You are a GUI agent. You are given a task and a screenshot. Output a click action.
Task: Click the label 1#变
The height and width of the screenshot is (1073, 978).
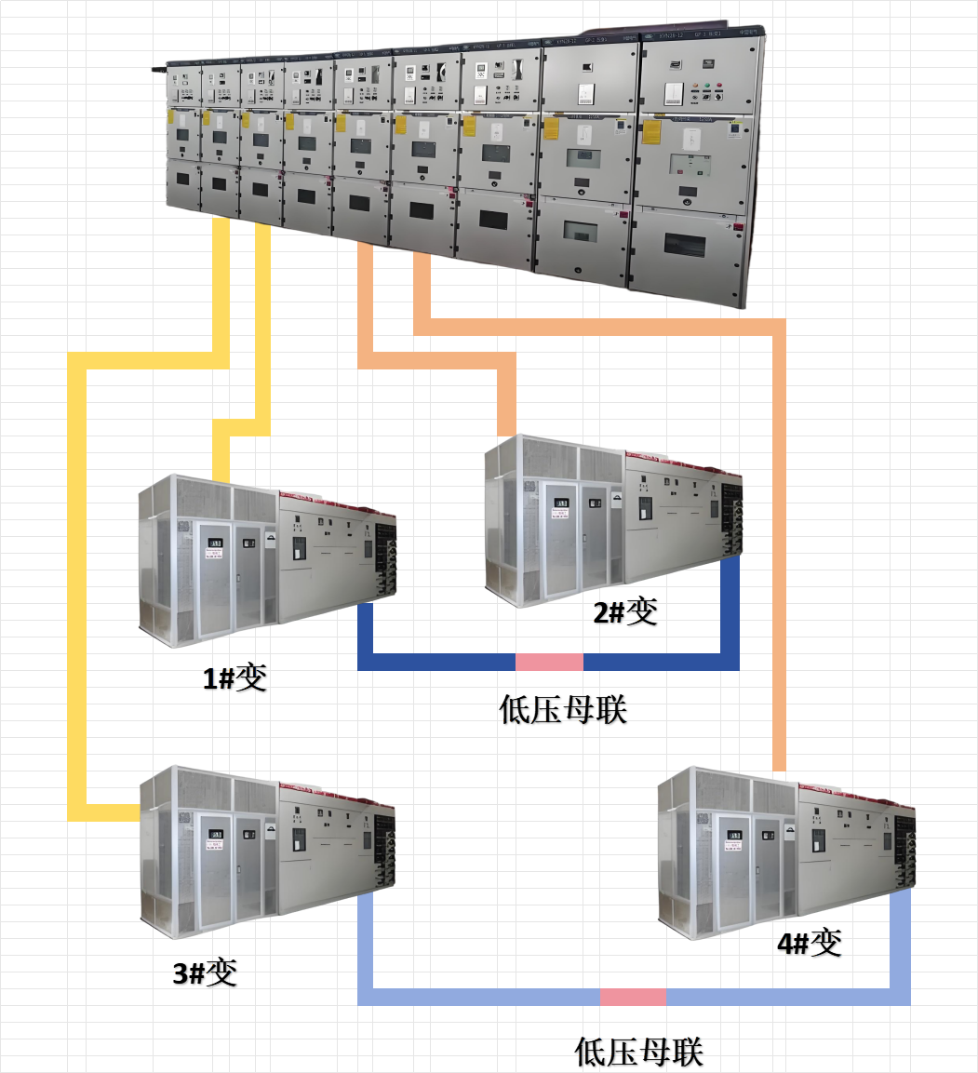click(235, 677)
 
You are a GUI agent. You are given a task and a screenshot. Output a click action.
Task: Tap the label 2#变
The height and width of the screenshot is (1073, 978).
click(625, 611)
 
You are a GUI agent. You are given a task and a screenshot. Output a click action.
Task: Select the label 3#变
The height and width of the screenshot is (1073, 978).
click(205, 972)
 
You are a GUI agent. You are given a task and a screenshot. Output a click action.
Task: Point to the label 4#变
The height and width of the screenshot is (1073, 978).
click(810, 943)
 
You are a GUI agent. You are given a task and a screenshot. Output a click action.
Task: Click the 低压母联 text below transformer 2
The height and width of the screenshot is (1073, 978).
click(563, 710)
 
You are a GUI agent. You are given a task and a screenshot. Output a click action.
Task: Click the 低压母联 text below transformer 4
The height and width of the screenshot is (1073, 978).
click(639, 1053)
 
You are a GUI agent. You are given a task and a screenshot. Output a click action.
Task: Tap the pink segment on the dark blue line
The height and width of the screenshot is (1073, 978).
click(549, 662)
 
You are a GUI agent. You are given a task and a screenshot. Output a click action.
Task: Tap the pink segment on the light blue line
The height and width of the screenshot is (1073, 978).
click(633, 997)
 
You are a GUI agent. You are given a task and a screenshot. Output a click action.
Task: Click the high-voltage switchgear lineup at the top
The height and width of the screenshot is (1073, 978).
click(465, 158)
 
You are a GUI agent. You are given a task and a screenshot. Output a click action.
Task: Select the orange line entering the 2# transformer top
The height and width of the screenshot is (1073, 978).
click(507, 400)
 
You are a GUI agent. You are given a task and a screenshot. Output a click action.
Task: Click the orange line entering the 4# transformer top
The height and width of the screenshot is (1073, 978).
click(780, 558)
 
